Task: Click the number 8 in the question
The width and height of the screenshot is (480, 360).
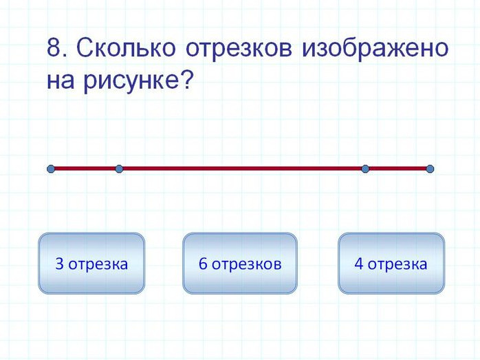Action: pos(54,47)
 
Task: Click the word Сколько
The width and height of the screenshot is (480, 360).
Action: pos(126,47)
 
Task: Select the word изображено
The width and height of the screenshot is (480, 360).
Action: pos(375,48)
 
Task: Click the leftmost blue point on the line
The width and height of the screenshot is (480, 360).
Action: pos(51,169)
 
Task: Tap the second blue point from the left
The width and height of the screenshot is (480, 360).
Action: pos(119,169)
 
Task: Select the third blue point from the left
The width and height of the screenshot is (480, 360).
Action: pos(365,169)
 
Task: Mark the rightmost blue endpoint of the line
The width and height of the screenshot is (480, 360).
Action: pos(430,169)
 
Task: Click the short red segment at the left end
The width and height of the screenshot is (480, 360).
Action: pos(85,169)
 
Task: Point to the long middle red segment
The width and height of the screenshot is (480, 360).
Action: pos(242,169)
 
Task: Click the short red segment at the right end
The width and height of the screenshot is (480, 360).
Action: pos(397,169)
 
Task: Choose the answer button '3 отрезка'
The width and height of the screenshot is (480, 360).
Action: pos(91,263)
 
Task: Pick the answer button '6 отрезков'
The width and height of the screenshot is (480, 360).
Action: pos(240,263)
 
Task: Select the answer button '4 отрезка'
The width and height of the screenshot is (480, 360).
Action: pos(391,263)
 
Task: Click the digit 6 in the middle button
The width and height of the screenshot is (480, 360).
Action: pos(203,264)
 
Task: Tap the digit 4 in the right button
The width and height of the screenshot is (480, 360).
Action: pos(358,264)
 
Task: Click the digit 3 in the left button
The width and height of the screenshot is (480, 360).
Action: pos(59,264)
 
